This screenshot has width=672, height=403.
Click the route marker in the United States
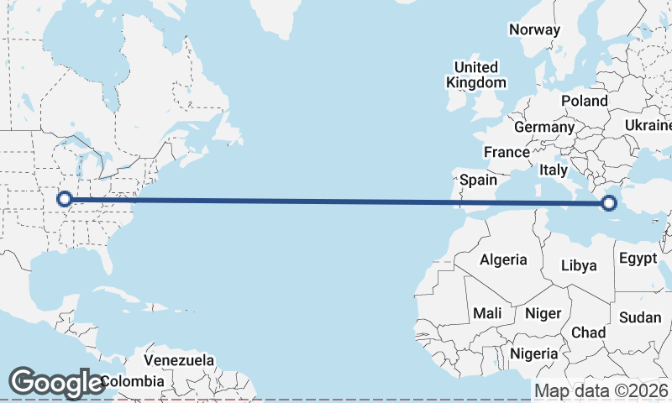tap(64, 199)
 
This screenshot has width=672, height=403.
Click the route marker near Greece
tap(609, 202)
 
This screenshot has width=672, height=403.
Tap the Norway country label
tap(534, 29)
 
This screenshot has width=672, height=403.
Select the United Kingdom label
tap(476, 75)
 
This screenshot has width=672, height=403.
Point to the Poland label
tap(585, 101)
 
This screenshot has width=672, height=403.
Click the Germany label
tap(543, 127)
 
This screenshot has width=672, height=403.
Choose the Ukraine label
tap(648, 125)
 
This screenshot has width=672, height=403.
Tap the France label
tap(507, 152)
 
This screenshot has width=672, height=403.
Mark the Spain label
tap(478, 180)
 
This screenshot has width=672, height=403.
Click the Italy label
tap(554, 170)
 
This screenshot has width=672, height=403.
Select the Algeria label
tap(503, 259)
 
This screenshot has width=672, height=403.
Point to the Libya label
tap(580, 266)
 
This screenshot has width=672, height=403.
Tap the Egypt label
tap(638, 258)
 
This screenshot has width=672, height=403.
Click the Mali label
tap(487, 313)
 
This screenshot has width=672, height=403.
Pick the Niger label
tap(543, 313)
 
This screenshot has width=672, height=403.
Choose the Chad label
tap(588, 332)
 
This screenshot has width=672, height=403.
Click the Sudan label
tap(640, 317)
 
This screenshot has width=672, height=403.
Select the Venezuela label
tap(178, 360)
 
